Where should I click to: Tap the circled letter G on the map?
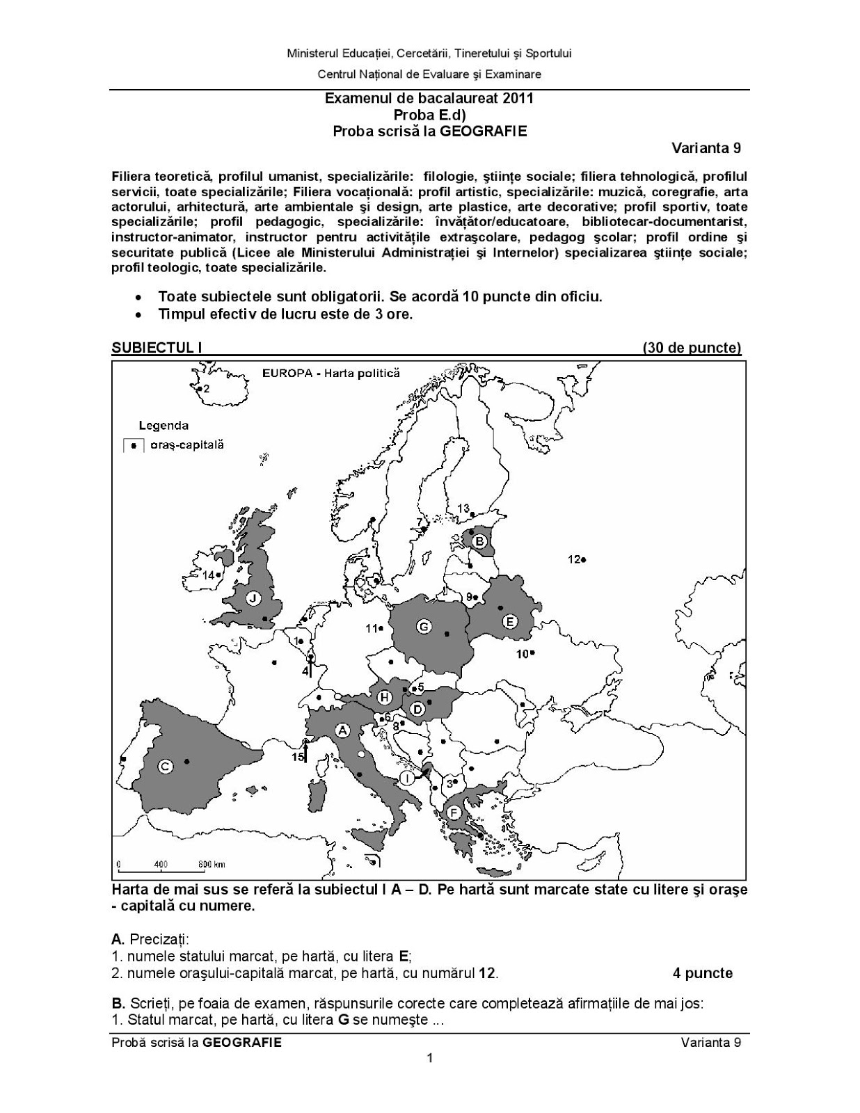tap(423, 627)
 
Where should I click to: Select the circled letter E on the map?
tap(509, 621)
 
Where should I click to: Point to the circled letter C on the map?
tap(166, 766)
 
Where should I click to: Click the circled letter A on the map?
tap(342, 730)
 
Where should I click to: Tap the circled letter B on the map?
tap(479, 541)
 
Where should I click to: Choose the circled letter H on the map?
tap(383, 697)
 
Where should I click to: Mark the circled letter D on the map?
tap(417, 710)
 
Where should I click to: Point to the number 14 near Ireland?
tap(209, 575)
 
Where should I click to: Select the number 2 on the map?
tap(207, 390)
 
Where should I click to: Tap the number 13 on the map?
tap(463, 509)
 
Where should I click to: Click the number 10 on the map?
tap(522, 653)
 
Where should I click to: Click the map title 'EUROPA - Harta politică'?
tap(331, 373)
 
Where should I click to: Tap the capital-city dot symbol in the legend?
tap(133, 446)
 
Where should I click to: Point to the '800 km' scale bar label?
tap(212, 865)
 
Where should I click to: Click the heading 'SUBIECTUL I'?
tap(157, 348)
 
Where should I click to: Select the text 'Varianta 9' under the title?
tap(706, 148)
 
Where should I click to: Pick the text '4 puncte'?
tap(702, 973)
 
